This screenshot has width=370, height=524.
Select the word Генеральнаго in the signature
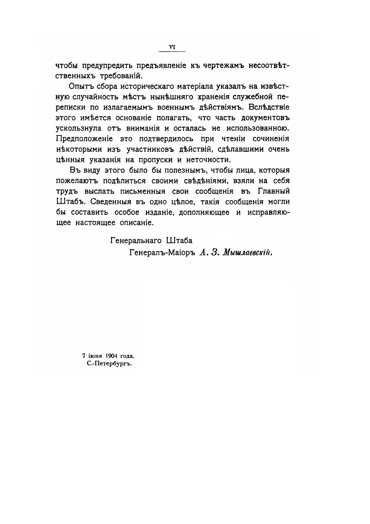tap(133, 240)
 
